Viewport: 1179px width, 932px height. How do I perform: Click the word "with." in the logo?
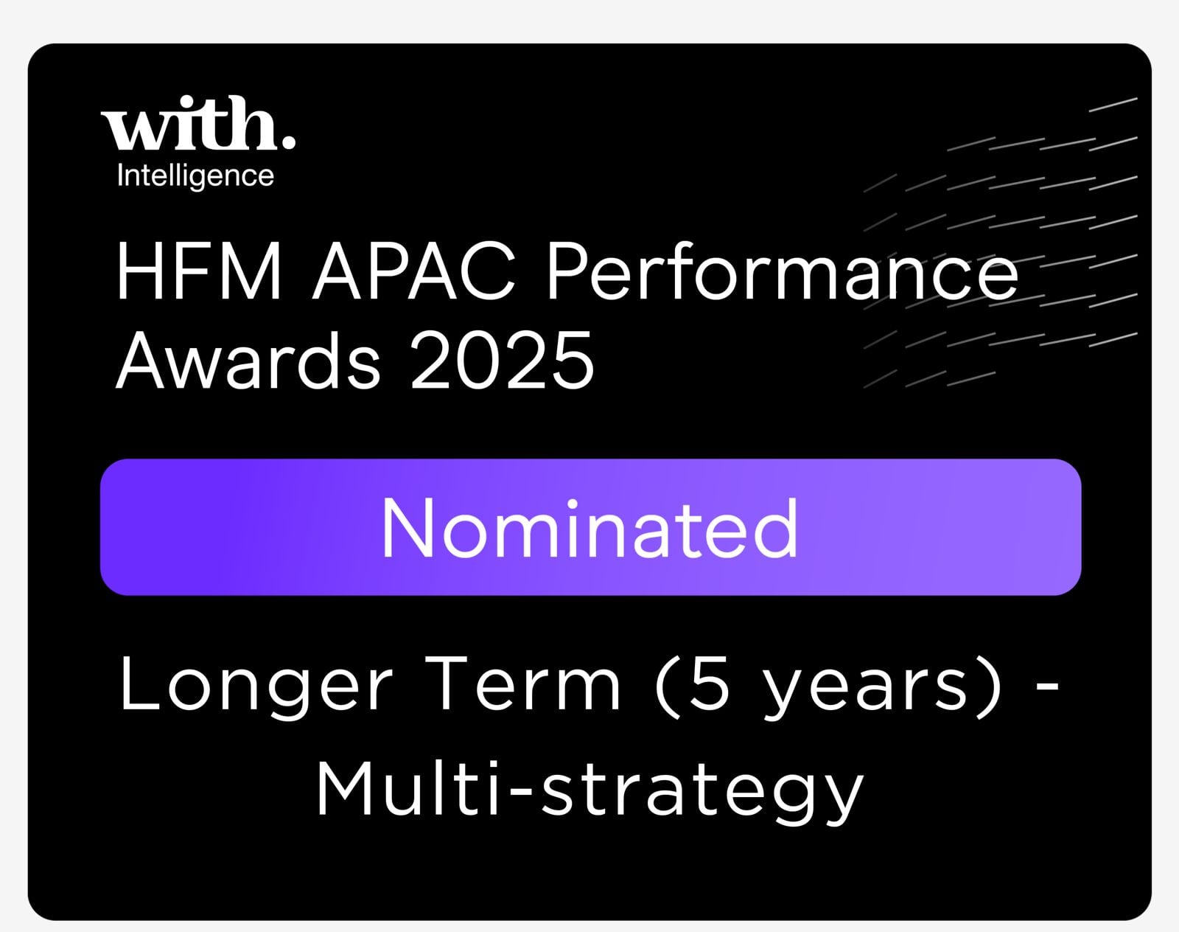tap(198, 122)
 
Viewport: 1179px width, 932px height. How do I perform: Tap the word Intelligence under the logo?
tap(195, 177)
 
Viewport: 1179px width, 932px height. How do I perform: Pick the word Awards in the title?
tap(248, 360)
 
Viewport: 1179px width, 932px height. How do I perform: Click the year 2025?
tap(503, 360)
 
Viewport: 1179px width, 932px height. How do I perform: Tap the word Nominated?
tap(589, 528)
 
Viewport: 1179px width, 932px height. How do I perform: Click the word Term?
tap(522, 684)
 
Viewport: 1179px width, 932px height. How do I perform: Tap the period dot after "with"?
tap(288, 142)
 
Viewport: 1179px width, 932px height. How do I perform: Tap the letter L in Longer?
tap(139, 684)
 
